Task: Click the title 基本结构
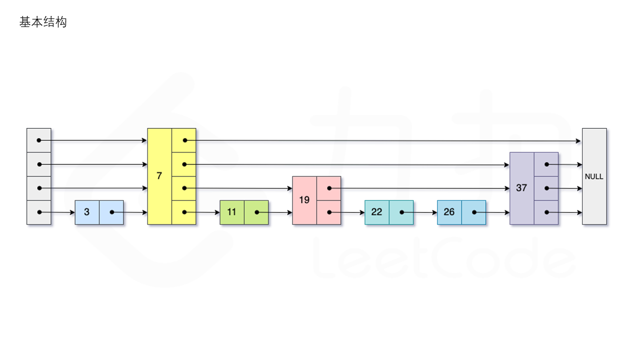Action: (x=43, y=22)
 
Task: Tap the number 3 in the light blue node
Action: (x=87, y=212)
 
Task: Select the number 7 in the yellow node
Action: (x=159, y=176)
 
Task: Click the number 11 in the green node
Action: (x=231, y=212)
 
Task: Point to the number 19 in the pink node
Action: (x=304, y=200)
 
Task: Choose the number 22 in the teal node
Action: (x=376, y=212)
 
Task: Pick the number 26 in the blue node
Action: (x=449, y=212)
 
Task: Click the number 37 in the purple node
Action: (x=521, y=188)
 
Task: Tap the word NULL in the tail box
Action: (x=594, y=176)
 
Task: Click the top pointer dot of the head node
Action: (x=39, y=140)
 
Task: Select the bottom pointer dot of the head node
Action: (x=39, y=212)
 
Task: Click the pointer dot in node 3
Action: (x=112, y=212)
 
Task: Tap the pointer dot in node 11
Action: (x=257, y=212)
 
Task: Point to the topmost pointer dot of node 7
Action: (x=184, y=140)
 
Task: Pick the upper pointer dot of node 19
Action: (x=329, y=188)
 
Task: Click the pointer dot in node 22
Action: (x=402, y=212)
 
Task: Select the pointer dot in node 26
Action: (x=474, y=212)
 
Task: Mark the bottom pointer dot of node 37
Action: (x=547, y=212)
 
